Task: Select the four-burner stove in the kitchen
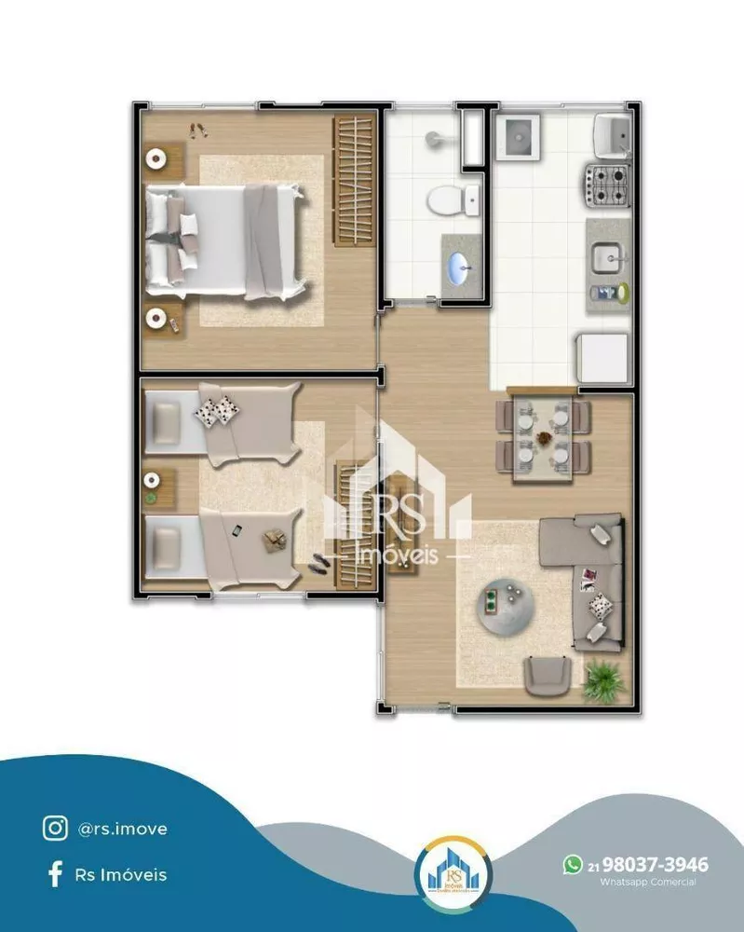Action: pyautogui.click(x=607, y=184)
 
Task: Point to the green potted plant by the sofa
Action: pyautogui.click(x=605, y=678)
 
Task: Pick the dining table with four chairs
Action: pyautogui.click(x=544, y=435)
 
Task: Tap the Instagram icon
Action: pyautogui.click(x=55, y=828)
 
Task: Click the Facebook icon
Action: pyautogui.click(x=55, y=874)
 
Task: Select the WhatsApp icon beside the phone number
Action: pyautogui.click(x=572, y=865)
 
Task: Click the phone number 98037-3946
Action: pyautogui.click(x=656, y=865)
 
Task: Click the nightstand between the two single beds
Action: pyautogui.click(x=158, y=487)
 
